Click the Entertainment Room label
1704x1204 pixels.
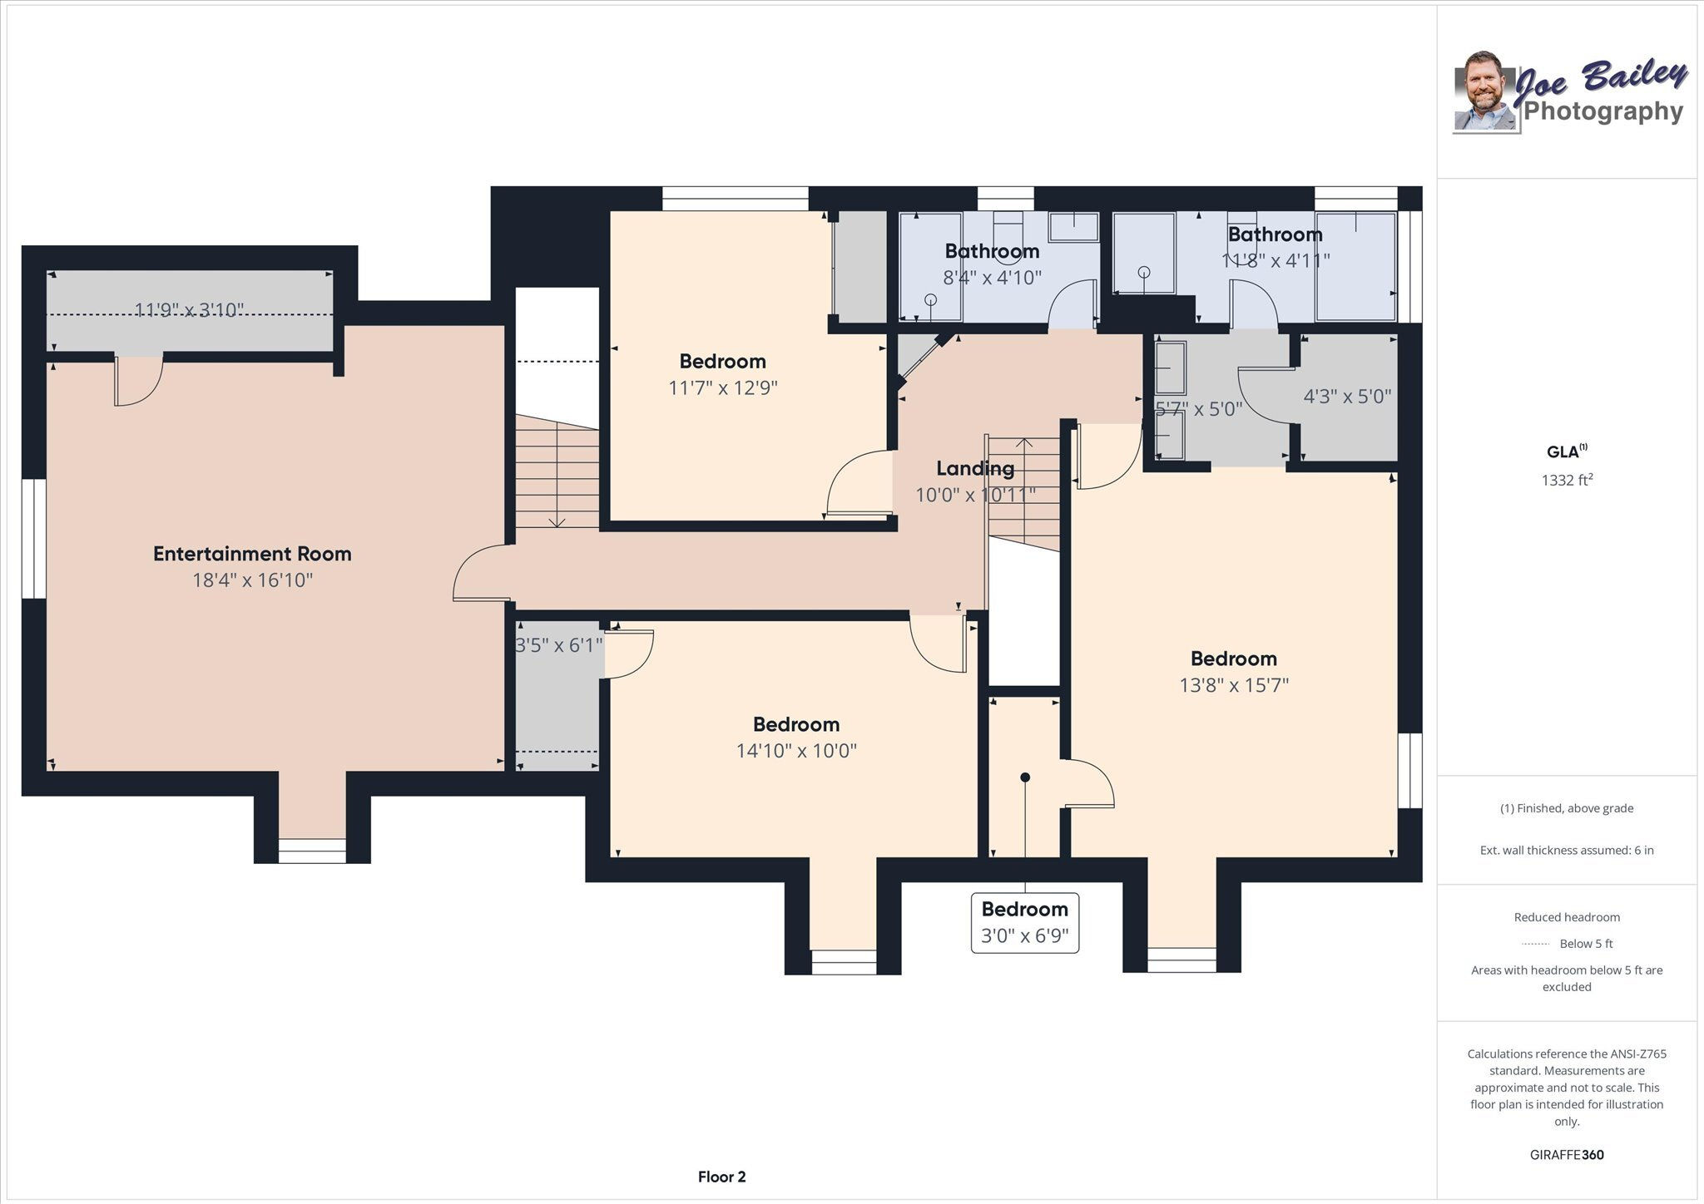(252, 554)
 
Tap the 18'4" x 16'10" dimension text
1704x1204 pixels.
(252, 580)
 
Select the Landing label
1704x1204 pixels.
(975, 468)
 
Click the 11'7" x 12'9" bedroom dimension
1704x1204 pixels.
(722, 388)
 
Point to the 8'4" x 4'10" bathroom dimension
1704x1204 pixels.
(992, 278)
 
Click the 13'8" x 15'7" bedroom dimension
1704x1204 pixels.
(1233, 685)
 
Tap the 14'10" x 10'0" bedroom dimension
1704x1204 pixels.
(795, 751)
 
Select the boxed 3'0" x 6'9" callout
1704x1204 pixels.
(1024, 923)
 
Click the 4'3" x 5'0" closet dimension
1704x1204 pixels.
(1346, 397)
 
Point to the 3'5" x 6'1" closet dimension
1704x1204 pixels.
(558, 645)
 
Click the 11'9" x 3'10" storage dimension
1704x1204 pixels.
(189, 310)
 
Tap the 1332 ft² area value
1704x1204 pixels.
(1566, 480)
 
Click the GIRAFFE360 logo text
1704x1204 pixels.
(1566, 1155)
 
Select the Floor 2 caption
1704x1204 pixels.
(721, 1177)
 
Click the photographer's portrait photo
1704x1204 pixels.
(1484, 94)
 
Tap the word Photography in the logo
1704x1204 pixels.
(1602, 111)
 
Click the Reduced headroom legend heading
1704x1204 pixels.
(1566, 917)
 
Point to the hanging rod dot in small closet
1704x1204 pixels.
(1025, 777)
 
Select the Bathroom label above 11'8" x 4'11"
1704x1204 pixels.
(1274, 234)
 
